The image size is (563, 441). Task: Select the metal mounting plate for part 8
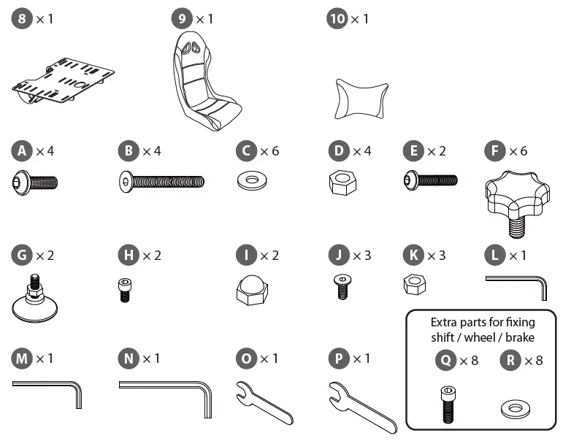[x=64, y=80]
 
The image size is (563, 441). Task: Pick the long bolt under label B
[x=161, y=181]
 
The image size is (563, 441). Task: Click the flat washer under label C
[x=253, y=180]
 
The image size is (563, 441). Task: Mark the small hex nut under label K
[x=415, y=285]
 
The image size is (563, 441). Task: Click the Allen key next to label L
[x=518, y=284]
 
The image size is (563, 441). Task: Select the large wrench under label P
[x=361, y=404]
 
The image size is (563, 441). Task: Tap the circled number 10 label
[x=337, y=19]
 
